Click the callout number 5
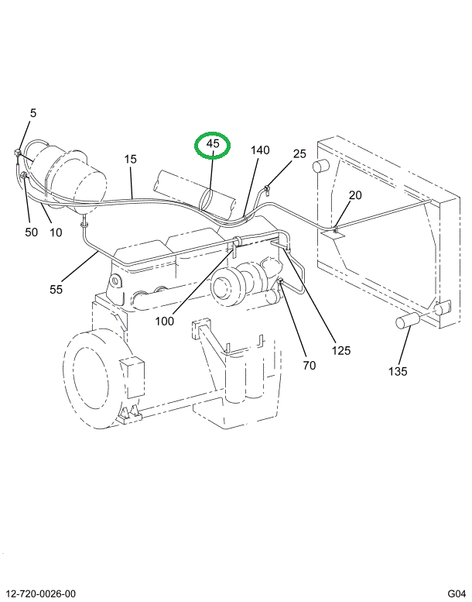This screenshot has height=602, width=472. [x=32, y=113]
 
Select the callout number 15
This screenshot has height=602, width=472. [x=131, y=159]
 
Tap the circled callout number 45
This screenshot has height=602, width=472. [x=213, y=143]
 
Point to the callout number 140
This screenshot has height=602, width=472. [x=260, y=150]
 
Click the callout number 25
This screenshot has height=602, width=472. [x=299, y=154]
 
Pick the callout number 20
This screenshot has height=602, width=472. [x=355, y=194]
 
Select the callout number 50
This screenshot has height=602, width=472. [x=31, y=232]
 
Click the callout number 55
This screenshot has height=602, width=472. [x=56, y=289]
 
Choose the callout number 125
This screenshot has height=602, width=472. [x=340, y=350]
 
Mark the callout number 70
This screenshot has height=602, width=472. [x=309, y=365]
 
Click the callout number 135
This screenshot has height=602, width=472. [x=398, y=370]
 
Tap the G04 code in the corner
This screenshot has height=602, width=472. [x=455, y=593]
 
